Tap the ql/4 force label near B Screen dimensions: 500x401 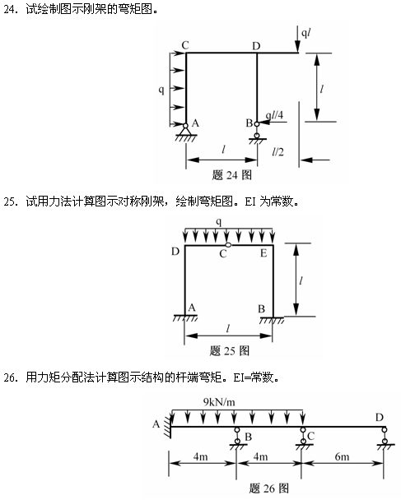tap(275, 116)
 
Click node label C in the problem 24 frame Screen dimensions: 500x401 tap(185, 44)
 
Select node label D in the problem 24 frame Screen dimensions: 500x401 tap(256, 44)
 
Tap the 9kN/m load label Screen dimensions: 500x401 tap(218, 401)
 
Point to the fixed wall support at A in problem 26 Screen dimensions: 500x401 tap(167, 426)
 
